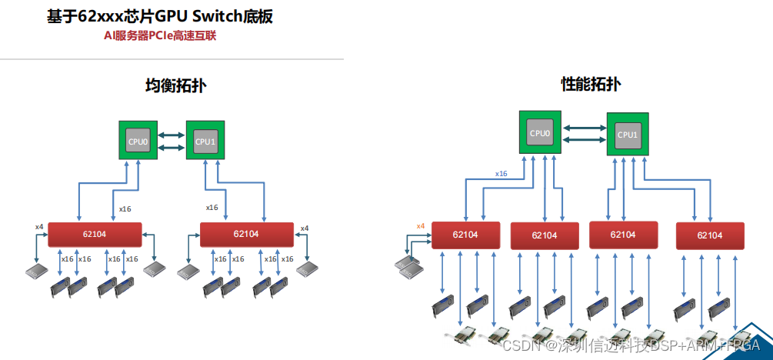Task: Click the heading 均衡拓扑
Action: pos(176,86)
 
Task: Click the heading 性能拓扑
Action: pos(591,85)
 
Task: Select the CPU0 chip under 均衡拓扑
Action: pos(138,141)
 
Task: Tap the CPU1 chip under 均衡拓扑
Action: pos(205,141)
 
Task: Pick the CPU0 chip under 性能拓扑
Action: pos(540,133)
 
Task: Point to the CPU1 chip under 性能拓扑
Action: pos(627,135)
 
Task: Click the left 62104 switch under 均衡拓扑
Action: pos(95,234)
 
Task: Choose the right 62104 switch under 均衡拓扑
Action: pos(246,234)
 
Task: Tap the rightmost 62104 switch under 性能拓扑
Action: pos(709,235)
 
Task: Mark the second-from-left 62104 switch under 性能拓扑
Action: pos(545,235)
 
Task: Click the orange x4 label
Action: pos(421,225)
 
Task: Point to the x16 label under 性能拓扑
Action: pos(501,174)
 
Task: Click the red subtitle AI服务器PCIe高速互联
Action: pos(161,35)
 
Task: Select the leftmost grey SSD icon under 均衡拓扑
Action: pos(36,271)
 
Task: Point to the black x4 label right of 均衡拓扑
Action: pos(305,228)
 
